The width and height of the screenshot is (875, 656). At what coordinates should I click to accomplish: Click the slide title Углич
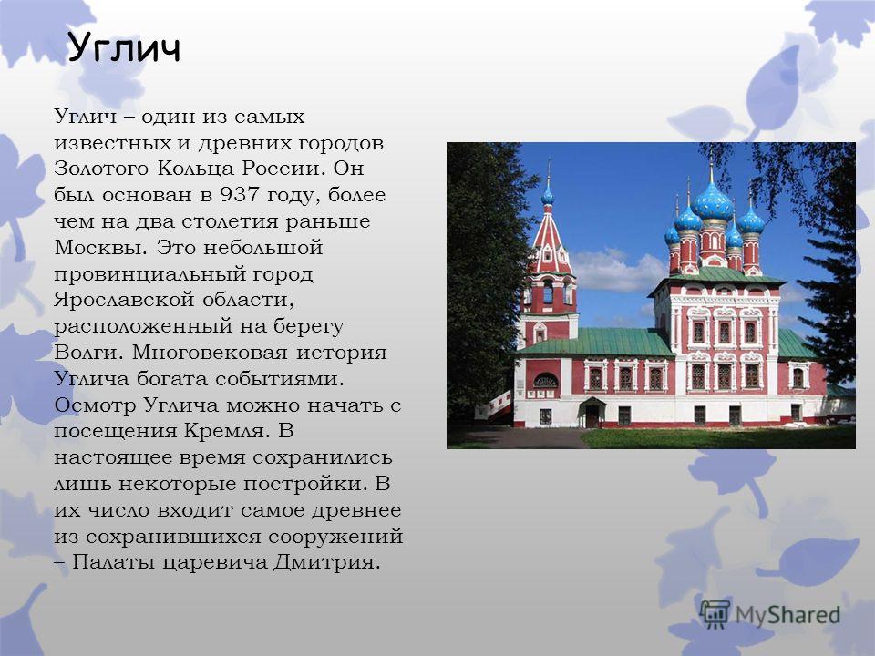coord(124,48)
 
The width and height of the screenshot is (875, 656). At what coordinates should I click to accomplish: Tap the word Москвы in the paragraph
coord(100,247)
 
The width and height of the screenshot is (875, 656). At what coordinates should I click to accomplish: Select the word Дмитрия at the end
coord(327,562)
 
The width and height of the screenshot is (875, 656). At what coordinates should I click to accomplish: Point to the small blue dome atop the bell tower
coord(548,196)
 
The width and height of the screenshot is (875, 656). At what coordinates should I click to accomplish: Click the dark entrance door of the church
coord(592,416)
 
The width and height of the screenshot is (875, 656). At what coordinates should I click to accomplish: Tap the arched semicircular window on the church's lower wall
coord(546,381)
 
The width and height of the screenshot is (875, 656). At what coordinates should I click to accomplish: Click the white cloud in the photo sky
coord(617,270)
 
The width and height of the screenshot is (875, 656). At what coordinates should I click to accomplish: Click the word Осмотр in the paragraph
coord(95,405)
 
